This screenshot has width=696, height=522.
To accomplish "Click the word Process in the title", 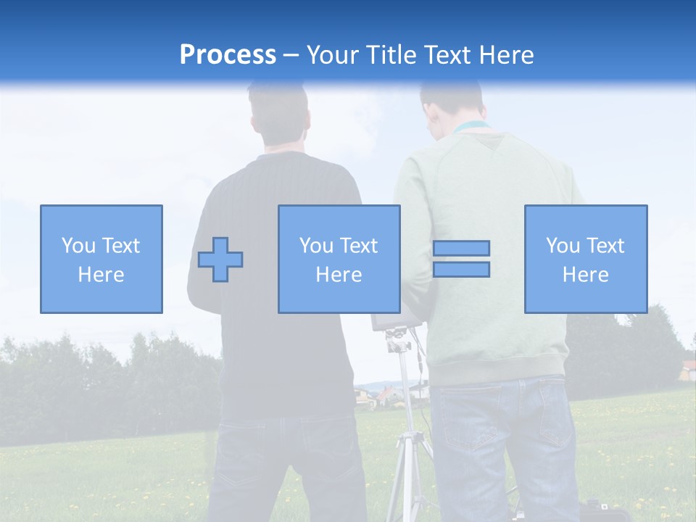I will [228, 54].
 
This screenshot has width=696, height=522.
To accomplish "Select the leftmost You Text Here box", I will [101, 259].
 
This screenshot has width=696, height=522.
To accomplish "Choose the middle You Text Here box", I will [339, 259].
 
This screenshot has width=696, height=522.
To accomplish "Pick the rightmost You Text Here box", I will [586, 259].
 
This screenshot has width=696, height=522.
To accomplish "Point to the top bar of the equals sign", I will [461, 248].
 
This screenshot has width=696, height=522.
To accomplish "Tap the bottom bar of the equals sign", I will [461, 269].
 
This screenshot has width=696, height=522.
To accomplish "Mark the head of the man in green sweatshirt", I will [451, 101].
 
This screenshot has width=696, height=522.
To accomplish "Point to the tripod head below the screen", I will [397, 339].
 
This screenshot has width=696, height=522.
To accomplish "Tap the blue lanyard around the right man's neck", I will [471, 128].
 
